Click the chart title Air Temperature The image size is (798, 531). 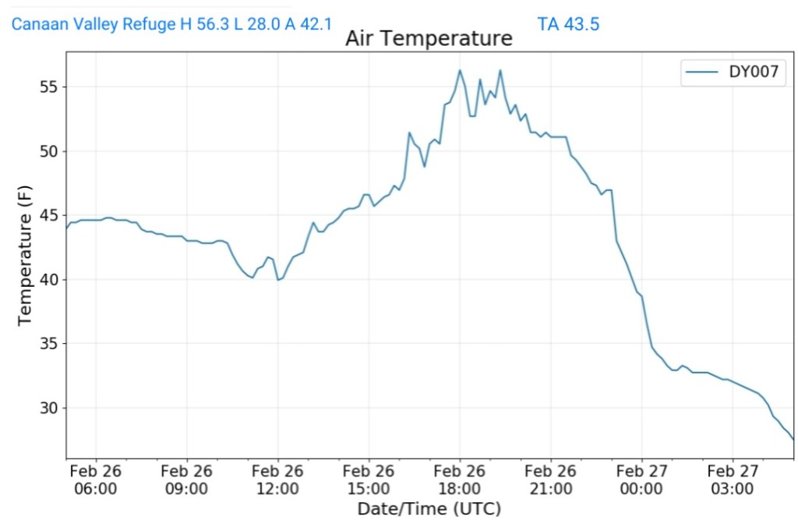coord(429,38)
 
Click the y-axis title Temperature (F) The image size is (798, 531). coord(25,255)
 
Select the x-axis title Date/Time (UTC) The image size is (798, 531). coord(429,509)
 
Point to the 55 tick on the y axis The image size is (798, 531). coord(49,87)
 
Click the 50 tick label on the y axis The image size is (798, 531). coord(49,150)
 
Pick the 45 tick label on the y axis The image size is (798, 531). coord(49,215)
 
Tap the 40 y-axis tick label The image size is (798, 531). coord(49,279)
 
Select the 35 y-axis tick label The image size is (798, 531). coord(49,344)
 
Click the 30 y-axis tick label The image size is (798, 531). coord(49,408)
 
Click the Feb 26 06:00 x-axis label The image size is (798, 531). coord(96,480)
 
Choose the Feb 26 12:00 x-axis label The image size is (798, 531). coord(277,480)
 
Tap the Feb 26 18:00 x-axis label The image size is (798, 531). coord(460,480)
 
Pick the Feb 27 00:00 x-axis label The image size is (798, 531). coord(641,480)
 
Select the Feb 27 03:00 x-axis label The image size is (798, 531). coord(733,480)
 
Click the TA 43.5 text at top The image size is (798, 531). coord(568,24)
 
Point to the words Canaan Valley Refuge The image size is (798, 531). coord(94,24)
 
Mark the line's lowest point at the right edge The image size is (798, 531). coord(793,440)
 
